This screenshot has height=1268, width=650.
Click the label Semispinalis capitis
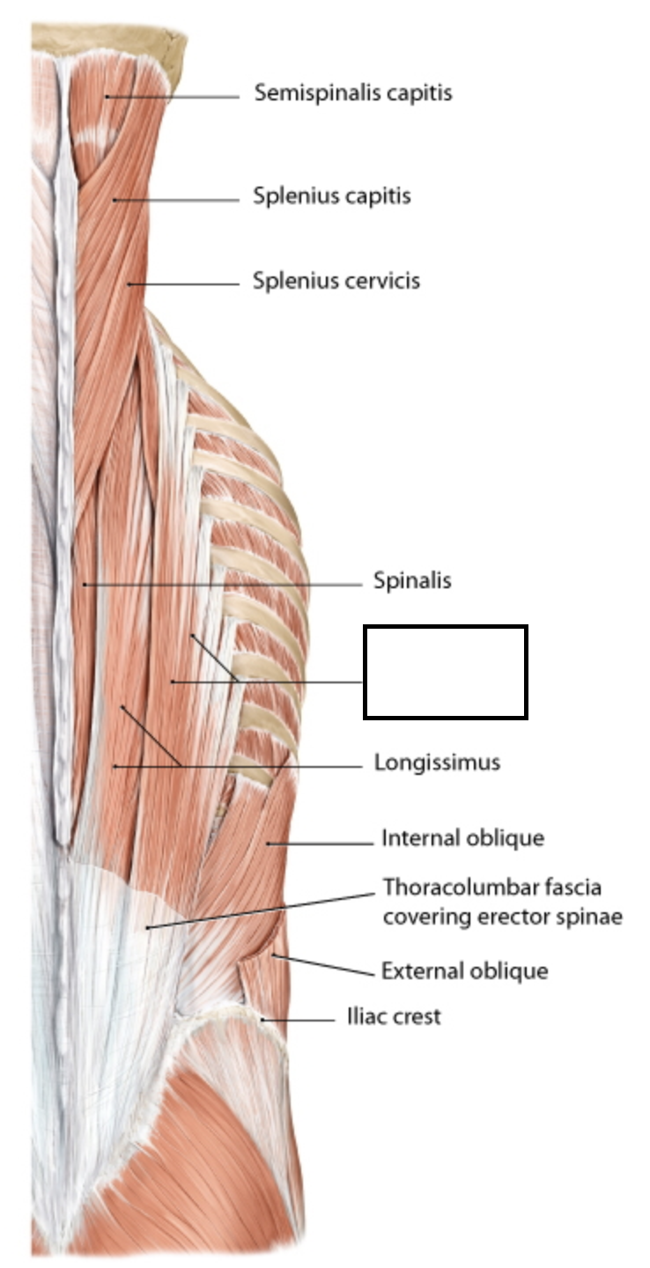352,92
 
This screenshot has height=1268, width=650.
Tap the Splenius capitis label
331,195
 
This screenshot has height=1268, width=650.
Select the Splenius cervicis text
336,282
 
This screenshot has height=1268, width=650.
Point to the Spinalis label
412,581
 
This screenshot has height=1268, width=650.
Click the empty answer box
446,672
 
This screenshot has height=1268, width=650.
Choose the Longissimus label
437,762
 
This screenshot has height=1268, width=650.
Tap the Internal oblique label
462,838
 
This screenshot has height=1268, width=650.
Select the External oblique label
464,971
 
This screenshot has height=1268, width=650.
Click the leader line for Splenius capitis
176,200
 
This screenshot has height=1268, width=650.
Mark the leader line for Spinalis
220,584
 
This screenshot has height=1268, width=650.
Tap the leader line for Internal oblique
321,844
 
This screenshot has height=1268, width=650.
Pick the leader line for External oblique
326,964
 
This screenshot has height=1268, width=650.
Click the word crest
417,1017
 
